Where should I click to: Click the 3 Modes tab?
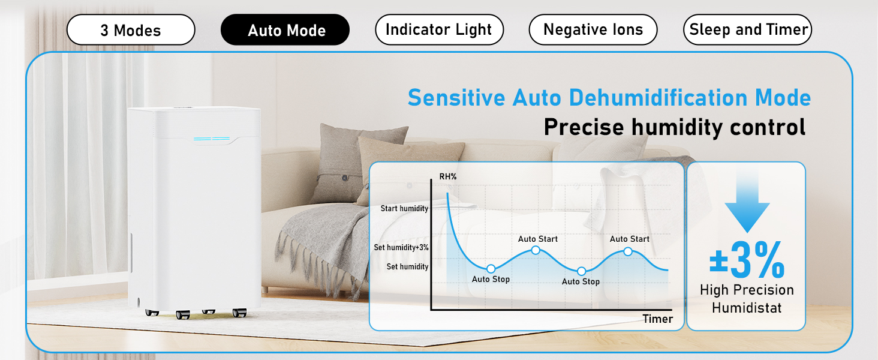click(131, 30)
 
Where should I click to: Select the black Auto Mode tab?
click(285, 30)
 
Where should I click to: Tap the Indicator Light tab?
click(439, 30)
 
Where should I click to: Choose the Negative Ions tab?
click(593, 30)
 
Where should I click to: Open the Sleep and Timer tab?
click(747, 30)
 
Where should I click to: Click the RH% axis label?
click(448, 177)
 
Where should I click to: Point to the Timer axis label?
click(658, 319)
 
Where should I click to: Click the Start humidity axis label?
click(404, 209)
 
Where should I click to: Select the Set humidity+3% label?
click(401, 247)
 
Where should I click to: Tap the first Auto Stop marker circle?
click(491, 269)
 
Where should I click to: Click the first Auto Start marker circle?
click(536, 250)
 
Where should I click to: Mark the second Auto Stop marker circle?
click(582, 271)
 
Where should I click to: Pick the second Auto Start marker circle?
click(628, 252)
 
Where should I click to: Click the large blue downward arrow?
click(747, 203)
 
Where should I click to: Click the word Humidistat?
click(747, 308)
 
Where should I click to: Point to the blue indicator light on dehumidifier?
click(212, 139)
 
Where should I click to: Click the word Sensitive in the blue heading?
click(456, 98)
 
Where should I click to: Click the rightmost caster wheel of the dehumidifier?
click(239, 313)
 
